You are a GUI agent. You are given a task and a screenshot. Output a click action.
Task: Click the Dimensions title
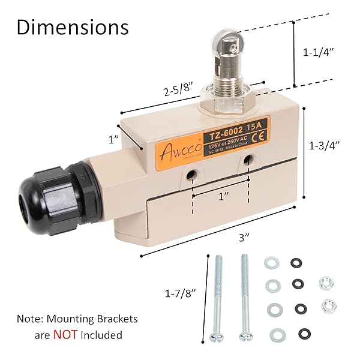pyautogui.click(x=73, y=27)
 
